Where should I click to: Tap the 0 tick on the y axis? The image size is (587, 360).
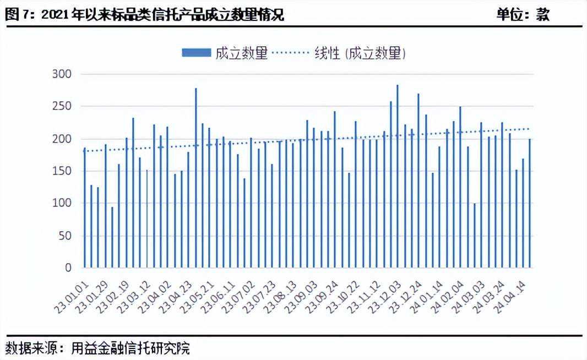(68, 268)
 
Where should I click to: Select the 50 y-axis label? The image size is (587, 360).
(64, 236)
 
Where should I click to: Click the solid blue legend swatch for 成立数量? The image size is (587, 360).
(196, 53)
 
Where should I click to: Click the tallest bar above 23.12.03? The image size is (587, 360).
(397, 176)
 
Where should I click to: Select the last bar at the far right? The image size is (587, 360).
(530, 203)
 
